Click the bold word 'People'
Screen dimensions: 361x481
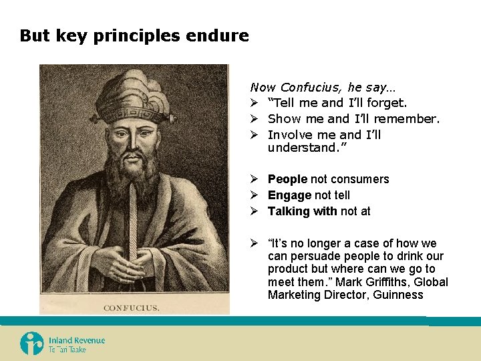click(x=287, y=179)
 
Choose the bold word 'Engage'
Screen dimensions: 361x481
click(x=289, y=195)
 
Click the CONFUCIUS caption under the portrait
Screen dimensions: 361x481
click(x=131, y=308)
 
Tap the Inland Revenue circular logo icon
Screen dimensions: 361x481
click(x=31, y=344)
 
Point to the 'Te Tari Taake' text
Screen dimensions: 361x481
click(x=67, y=350)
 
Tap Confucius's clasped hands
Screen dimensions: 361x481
click(x=134, y=262)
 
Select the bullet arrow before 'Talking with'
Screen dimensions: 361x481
click(x=255, y=211)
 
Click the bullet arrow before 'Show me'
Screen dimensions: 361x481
click(x=255, y=119)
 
